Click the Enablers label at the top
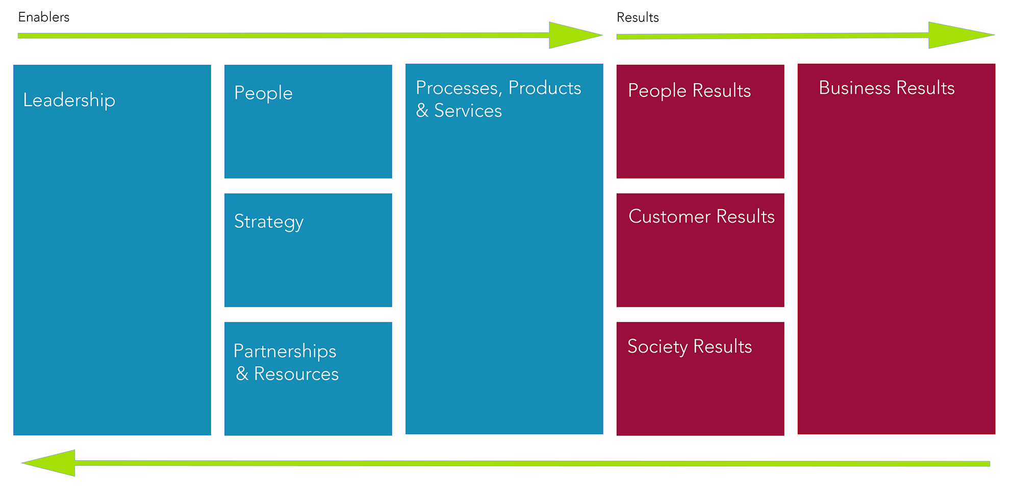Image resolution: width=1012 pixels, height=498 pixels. point(44,17)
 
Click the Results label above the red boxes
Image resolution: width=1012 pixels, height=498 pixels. point(638,18)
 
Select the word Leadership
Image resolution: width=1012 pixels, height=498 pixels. point(69,100)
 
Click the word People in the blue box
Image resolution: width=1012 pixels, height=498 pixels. point(263,93)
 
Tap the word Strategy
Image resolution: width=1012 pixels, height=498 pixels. point(269,222)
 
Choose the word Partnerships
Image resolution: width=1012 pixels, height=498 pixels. point(285,351)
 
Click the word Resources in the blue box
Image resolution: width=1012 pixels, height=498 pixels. point(296,374)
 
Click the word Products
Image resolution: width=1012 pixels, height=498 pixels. point(545,88)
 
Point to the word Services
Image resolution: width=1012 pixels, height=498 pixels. point(468,111)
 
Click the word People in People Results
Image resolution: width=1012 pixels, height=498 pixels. point(657,91)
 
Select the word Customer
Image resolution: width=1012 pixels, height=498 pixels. point(669,216)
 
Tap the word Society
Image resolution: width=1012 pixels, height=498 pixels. point(657,346)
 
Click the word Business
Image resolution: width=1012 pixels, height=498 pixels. point(854,88)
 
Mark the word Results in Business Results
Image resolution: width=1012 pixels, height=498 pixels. point(925,88)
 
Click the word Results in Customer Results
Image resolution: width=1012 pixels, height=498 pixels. point(745,216)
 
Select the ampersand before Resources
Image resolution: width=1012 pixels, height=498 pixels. point(242,374)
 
